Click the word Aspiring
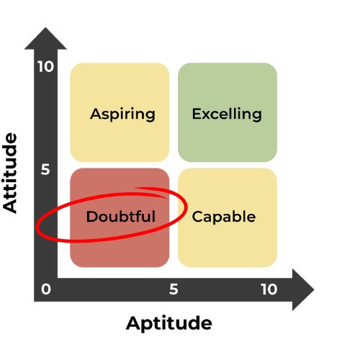(x=122, y=114)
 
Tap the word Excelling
(x=227, y=114)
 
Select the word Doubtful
(x=121, y=216)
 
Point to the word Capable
(x=224, y=217)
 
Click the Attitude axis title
(x=9, y=173)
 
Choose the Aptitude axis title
(x=169, y=324)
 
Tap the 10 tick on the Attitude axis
(x=45, y=66)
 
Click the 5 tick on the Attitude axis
(x=45, y=169)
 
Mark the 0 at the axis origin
(x=46, y=289)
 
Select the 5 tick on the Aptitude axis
(x=174, y=289)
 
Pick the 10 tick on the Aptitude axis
(x=269, y=289)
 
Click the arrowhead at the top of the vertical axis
(x=45, y=39)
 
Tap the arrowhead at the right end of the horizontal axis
(x=303, y=289)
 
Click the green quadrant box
(x=228, y=112)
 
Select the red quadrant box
(x=120, y=217)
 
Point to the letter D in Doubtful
(x=91, y=217)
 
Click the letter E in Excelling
(x=197, y=114)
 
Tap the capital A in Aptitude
(x=133, y=323)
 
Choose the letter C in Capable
(x=197, y=217)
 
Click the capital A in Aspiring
(x=96, y=114)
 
